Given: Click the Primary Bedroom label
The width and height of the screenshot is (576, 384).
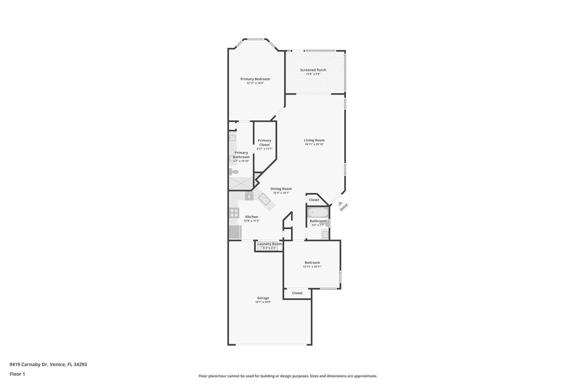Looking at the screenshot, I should [x=255, y=79].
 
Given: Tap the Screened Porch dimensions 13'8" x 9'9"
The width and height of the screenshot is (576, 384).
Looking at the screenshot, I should [x=313, y=74].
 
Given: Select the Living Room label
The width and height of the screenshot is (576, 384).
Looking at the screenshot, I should [x=314, y=140].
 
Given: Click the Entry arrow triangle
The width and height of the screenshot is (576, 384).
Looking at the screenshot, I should [x=341, y=204].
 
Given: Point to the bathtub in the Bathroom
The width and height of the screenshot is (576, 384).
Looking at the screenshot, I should [x=318, y=212].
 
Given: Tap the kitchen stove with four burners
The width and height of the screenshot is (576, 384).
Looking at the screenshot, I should [x=234, y=213].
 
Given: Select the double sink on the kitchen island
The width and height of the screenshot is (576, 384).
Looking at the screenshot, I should [x=264, y=200].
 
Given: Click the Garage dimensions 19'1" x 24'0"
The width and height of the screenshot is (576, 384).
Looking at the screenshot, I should [x=263, y=302].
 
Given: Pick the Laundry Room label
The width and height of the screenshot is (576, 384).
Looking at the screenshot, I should [x=269, y=244].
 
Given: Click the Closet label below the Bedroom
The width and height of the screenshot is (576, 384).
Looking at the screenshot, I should [x=297, y=293].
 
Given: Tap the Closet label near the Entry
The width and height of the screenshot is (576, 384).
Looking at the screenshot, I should [x=314, y=200].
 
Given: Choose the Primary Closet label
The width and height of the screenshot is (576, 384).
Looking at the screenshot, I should [x=264, y=142].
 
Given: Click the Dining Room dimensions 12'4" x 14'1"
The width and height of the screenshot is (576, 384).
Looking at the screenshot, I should [x=281, y=193].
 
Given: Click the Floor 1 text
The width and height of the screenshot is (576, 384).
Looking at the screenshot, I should [x=17, y=374].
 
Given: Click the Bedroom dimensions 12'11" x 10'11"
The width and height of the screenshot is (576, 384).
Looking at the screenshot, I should [x=312, y=267].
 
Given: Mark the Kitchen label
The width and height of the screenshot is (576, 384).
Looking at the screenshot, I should [x=251, y=217].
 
